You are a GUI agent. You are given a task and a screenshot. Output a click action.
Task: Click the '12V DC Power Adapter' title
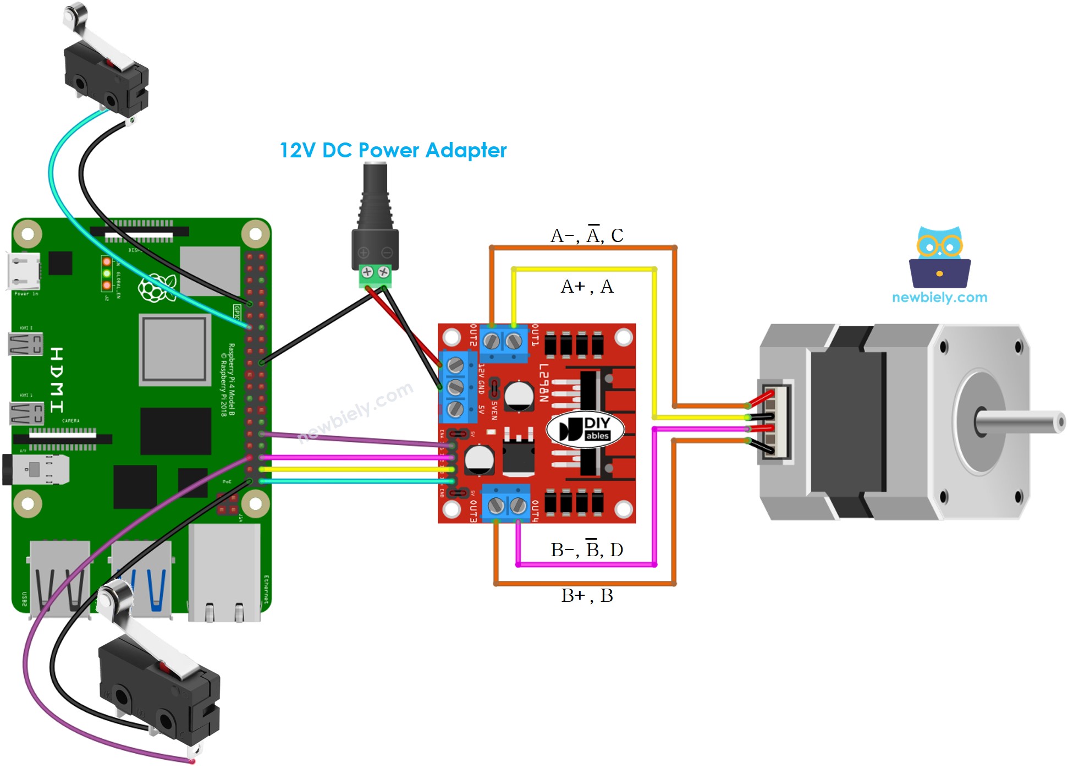tap(393, 150)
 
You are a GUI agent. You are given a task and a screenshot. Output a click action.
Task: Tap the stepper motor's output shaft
tap(1023, 423)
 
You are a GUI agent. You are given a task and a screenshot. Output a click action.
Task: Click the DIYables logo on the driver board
tap(585, 429)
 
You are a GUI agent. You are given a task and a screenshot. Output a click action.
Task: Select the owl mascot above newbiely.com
tap(939, 257)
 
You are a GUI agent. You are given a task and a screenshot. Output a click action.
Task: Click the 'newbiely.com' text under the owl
tap(939, 298)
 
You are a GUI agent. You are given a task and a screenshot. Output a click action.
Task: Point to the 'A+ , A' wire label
tap(586, 287)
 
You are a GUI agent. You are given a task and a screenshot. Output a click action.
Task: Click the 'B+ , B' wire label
tap(586, 596)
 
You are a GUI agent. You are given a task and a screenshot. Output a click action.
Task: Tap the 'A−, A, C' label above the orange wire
tap(586, 235)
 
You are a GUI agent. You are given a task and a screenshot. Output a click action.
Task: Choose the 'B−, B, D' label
tap(586, 550)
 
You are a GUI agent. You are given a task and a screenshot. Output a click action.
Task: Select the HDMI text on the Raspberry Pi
tap(57, 380)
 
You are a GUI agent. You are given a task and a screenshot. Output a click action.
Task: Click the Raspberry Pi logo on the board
tap(157, 288)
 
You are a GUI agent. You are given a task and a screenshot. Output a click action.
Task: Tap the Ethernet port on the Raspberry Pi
tap(224, 572)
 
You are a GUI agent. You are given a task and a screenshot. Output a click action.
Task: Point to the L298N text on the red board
tap(543, 382)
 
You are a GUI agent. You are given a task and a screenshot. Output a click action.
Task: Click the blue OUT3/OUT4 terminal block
tap(506, 503)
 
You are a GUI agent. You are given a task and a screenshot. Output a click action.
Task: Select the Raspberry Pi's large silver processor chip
tap(175, 349)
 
